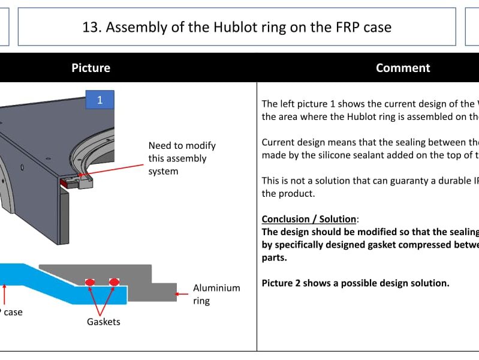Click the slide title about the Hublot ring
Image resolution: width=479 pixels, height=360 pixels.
tap(237, 27)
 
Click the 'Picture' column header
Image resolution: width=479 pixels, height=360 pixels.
tap(91, 68)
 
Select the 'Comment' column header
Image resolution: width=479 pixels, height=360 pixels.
tap(403, 68)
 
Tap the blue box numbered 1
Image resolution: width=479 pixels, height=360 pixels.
tap(100, 100)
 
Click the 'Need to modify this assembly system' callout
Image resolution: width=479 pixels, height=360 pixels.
tap(182, 158)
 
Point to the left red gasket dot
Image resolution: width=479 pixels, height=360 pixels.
tap(91, 281)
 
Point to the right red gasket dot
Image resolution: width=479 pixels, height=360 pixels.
tap(114, 281)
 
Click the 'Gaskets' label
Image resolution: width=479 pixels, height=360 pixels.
tap(103, 322)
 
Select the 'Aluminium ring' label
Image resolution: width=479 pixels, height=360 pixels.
tap(216, 294)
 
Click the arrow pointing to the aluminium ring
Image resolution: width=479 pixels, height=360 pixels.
tap(182, 295)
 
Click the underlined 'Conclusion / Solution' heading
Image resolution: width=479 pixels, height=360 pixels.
tap(309, 219)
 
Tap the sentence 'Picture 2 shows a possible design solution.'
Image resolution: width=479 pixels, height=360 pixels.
tap(356, 283)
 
